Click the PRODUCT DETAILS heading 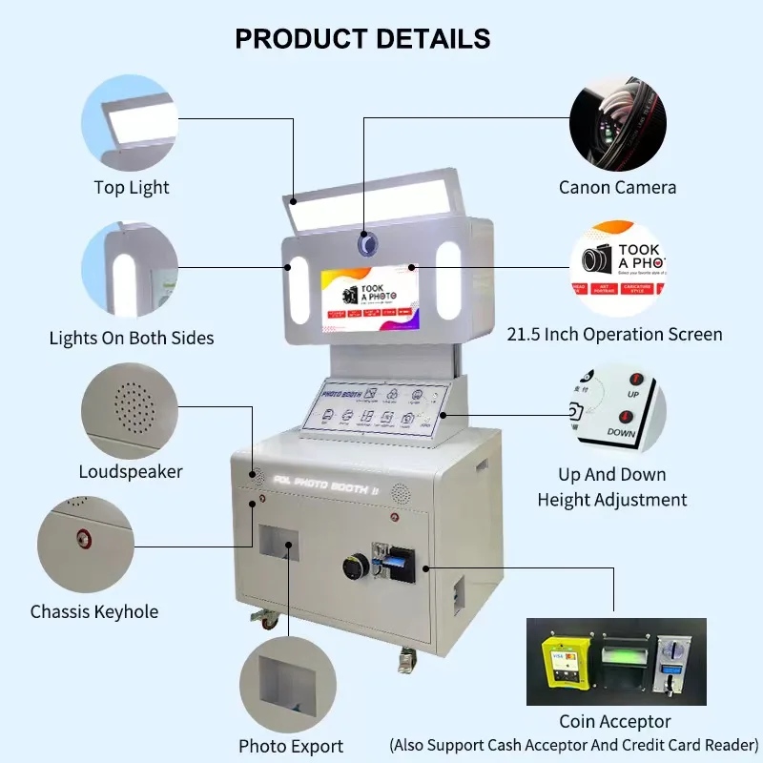[362, 39]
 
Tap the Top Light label [132, 188]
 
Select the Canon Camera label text [617, 188]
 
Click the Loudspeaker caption [131, 471]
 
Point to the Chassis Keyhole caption [94, 611]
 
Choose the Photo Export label [291, 746]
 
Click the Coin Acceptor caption [615, 722]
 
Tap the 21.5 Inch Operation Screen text [614, 334]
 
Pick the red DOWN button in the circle [627, 417]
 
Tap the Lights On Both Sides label [132, 338]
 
